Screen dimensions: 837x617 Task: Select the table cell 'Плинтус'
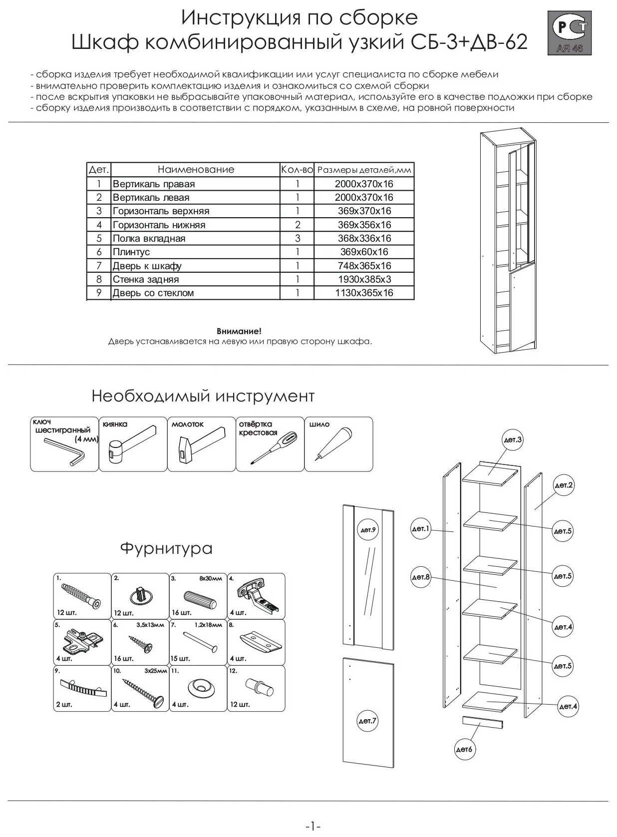click(x=131, y=252)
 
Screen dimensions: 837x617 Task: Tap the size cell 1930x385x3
click(x=363, y=280)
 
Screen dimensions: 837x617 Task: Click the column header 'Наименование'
click(x=196, y=170)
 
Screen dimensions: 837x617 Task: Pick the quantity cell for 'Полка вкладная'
click(x=297, y=239)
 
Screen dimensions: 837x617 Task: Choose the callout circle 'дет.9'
click(x=368, y=529)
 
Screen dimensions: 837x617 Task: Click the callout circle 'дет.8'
click(x=421, y=577)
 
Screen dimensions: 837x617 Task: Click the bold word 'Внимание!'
click(x=239, y=332)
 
